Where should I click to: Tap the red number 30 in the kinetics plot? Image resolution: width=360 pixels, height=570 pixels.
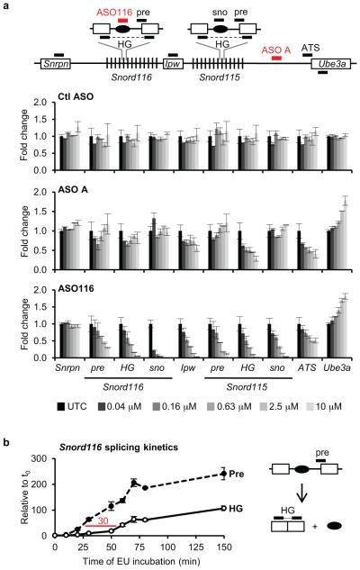click(x=105, y=522)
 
